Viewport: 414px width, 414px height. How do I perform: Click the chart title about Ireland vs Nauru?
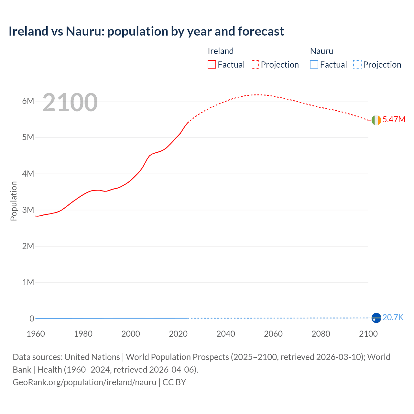tap(146, 31)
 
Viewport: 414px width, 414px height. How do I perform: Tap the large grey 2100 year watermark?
tap(70, 103)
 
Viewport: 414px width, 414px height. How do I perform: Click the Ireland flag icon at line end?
tap(376, 120)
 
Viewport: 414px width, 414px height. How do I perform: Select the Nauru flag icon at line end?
tap(376, 318)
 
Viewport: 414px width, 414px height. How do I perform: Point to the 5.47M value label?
tap(394, 119)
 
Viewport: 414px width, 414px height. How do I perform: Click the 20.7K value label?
tap(393, 317)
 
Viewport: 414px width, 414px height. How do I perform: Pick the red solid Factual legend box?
tap(212, 65)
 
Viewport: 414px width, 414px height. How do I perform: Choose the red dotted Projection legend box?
tap(255, 65)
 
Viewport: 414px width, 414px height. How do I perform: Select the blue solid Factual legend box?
tap(314, 65)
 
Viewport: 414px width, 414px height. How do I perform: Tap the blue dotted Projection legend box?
tap(357, 65)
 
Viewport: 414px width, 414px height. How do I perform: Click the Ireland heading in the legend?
tap(220, 51)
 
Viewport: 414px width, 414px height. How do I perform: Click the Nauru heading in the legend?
tap(321, 51)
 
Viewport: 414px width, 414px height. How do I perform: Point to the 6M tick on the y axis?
tap(28, 101)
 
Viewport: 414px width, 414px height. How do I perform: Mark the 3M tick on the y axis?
tap(28, 210)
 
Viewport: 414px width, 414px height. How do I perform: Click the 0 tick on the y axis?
tap(32, 319)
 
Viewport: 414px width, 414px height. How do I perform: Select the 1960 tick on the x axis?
tap(36, 334)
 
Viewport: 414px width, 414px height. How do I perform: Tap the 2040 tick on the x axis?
tap(226, 334)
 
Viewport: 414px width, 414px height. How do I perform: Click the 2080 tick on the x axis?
tap(321, 334)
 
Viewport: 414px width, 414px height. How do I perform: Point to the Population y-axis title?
tap(14, 201)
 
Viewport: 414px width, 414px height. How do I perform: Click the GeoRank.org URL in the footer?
tap(84, 382)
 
